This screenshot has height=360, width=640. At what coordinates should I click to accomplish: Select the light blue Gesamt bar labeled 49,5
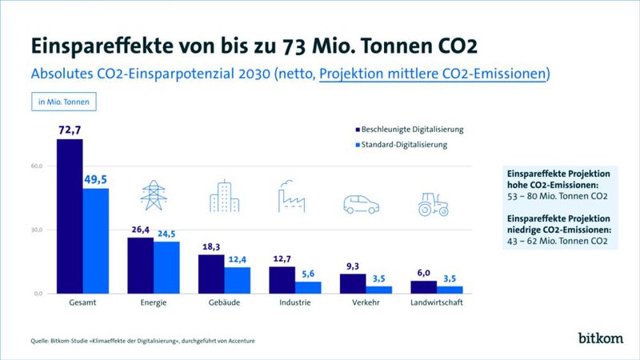(96, 241)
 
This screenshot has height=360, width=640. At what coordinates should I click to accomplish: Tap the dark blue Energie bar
(141, 266)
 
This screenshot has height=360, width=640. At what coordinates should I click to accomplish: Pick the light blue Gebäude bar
(238, 280)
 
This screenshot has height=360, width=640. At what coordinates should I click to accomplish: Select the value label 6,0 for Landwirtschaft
(424, 272)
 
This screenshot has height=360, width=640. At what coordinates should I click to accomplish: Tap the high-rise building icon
(223, 196)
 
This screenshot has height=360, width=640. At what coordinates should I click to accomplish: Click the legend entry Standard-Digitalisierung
(399, 145)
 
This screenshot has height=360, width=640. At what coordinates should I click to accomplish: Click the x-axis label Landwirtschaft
(436, 304)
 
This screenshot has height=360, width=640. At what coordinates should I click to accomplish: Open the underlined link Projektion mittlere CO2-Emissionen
(433, 74)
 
